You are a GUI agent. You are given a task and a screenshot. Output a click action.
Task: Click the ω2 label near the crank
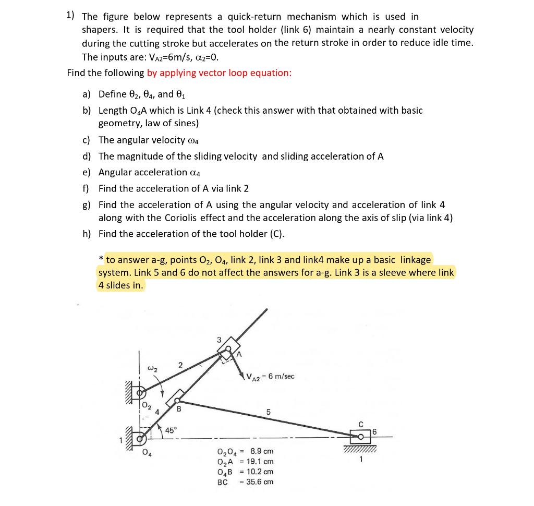(152, 370)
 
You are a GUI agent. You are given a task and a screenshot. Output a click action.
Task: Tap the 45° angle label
(171, 430)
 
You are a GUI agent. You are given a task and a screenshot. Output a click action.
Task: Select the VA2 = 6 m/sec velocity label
(271, 376)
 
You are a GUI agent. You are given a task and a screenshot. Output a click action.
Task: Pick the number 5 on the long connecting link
(268, 412)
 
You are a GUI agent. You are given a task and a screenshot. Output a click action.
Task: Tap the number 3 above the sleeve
(219, 340)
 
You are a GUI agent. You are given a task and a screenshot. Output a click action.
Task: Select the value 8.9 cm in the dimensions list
(262, 451)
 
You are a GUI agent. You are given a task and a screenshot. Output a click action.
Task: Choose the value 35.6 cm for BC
(260, 481)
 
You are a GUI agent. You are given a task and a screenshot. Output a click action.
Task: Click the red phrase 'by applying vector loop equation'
(219, 73)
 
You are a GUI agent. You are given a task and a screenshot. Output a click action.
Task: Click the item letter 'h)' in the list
(87, 234)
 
